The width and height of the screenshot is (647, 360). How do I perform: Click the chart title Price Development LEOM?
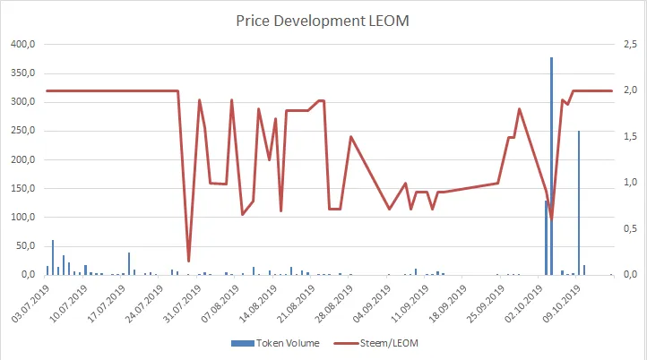coord(323,19)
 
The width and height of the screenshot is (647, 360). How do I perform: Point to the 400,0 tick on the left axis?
coord(22,45)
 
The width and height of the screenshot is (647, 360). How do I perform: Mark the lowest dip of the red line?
coord(188,261)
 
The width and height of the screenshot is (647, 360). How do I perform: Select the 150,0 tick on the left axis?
coord(22,189)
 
